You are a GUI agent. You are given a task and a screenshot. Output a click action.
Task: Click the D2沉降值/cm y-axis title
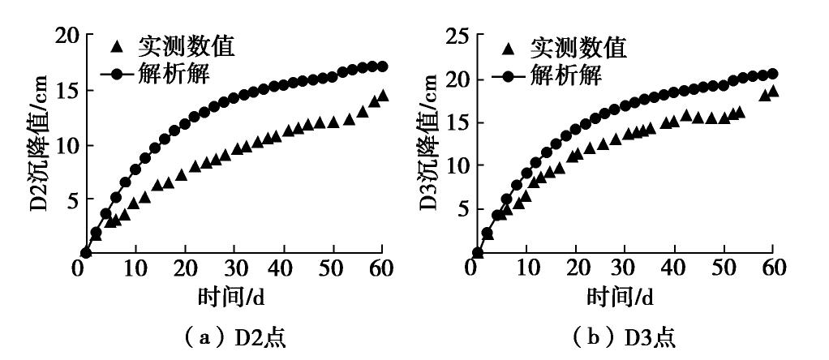point(40,144)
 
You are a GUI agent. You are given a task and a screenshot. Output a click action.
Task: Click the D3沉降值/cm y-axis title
point(431,144)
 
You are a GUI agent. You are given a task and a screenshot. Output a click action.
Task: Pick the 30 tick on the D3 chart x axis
point(625,268)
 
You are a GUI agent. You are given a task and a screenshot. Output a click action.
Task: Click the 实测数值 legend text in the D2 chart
point(186,47)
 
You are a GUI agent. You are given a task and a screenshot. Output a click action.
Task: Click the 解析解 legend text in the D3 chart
point(565,76)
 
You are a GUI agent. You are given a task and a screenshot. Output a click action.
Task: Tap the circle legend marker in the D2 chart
point(118,75)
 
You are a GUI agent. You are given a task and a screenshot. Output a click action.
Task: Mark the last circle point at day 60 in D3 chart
point(772,74)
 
